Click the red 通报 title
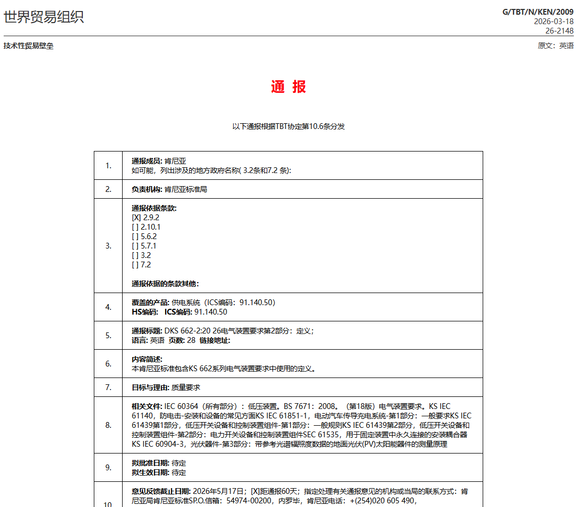coord(288,87)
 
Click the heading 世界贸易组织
coord(43,17)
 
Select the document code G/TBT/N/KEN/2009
coord(538,12)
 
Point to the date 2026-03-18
coord(553,21)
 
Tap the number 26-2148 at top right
coord(559,31)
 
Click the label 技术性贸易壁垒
coord(28,46)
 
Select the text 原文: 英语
coord(556,46)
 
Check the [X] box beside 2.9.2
coord(136,218)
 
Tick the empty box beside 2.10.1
coord(135,227)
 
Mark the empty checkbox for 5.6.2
coord(135,236)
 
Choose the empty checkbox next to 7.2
coord(135,265)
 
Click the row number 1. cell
coord(108,166)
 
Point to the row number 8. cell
coord(108,425)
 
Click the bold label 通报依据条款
coord(154,208)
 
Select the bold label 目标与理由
coord(150,387)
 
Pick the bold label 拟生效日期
coord(150,472)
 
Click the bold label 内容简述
coord(147,359)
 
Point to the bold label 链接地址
coord(215,340)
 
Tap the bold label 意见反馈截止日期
coord(161,491)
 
